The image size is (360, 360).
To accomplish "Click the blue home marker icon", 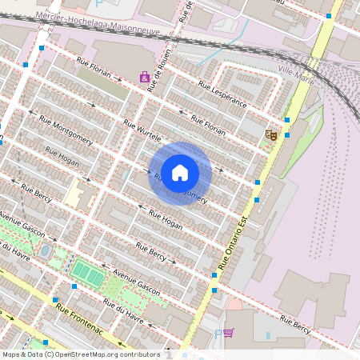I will click(180, 173).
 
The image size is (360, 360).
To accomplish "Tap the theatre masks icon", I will click(272, 136).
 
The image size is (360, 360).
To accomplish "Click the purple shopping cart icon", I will click(229, 333).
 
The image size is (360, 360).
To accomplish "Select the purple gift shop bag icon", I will click(144, 78).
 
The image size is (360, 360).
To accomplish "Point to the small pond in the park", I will click(46, 251).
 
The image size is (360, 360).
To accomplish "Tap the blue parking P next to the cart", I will click(218, 334).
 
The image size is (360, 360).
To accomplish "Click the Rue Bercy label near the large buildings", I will click(295, 324).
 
